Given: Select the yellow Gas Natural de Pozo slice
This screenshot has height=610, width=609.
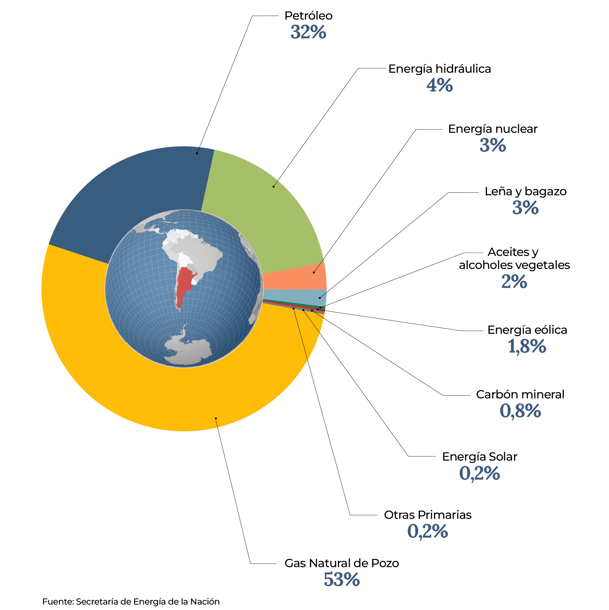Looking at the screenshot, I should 158,395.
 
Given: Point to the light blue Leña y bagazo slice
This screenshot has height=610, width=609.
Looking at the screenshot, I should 297,295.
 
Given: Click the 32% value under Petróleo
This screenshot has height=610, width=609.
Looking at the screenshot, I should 308,32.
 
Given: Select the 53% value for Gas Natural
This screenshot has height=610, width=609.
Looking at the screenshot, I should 342,580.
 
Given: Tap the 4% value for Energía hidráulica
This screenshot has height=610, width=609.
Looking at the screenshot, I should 439,85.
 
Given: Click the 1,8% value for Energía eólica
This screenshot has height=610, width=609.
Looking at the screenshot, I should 527,347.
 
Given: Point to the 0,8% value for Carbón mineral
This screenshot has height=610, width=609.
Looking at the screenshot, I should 520,411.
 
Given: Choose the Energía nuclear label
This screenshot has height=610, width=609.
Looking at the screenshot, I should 492,129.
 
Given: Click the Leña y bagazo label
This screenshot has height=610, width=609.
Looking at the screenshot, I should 525,191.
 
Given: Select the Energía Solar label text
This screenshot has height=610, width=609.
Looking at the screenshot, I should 479,457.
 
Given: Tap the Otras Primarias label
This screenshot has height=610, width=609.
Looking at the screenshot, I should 427,515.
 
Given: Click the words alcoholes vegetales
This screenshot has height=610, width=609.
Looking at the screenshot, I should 514,265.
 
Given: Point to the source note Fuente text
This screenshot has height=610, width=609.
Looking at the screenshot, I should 131,602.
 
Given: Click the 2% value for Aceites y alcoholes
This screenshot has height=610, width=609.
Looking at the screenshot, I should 514,282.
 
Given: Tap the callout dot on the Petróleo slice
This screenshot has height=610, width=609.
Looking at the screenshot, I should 197,153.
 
